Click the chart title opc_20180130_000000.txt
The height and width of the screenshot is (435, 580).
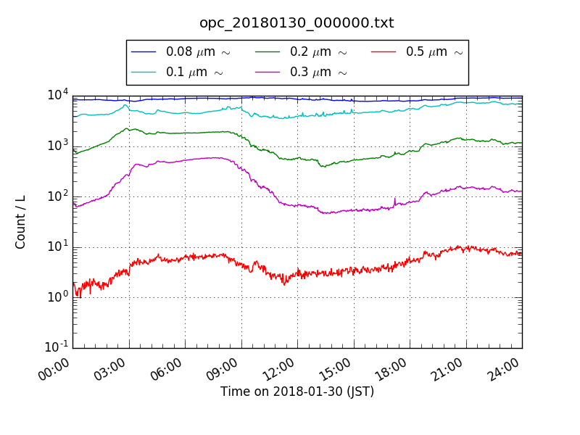(297, 22)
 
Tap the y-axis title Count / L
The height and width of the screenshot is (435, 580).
(21, 222)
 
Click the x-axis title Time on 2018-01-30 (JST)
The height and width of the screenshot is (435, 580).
(297, 391)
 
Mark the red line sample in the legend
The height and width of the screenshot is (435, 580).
(383, 52)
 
